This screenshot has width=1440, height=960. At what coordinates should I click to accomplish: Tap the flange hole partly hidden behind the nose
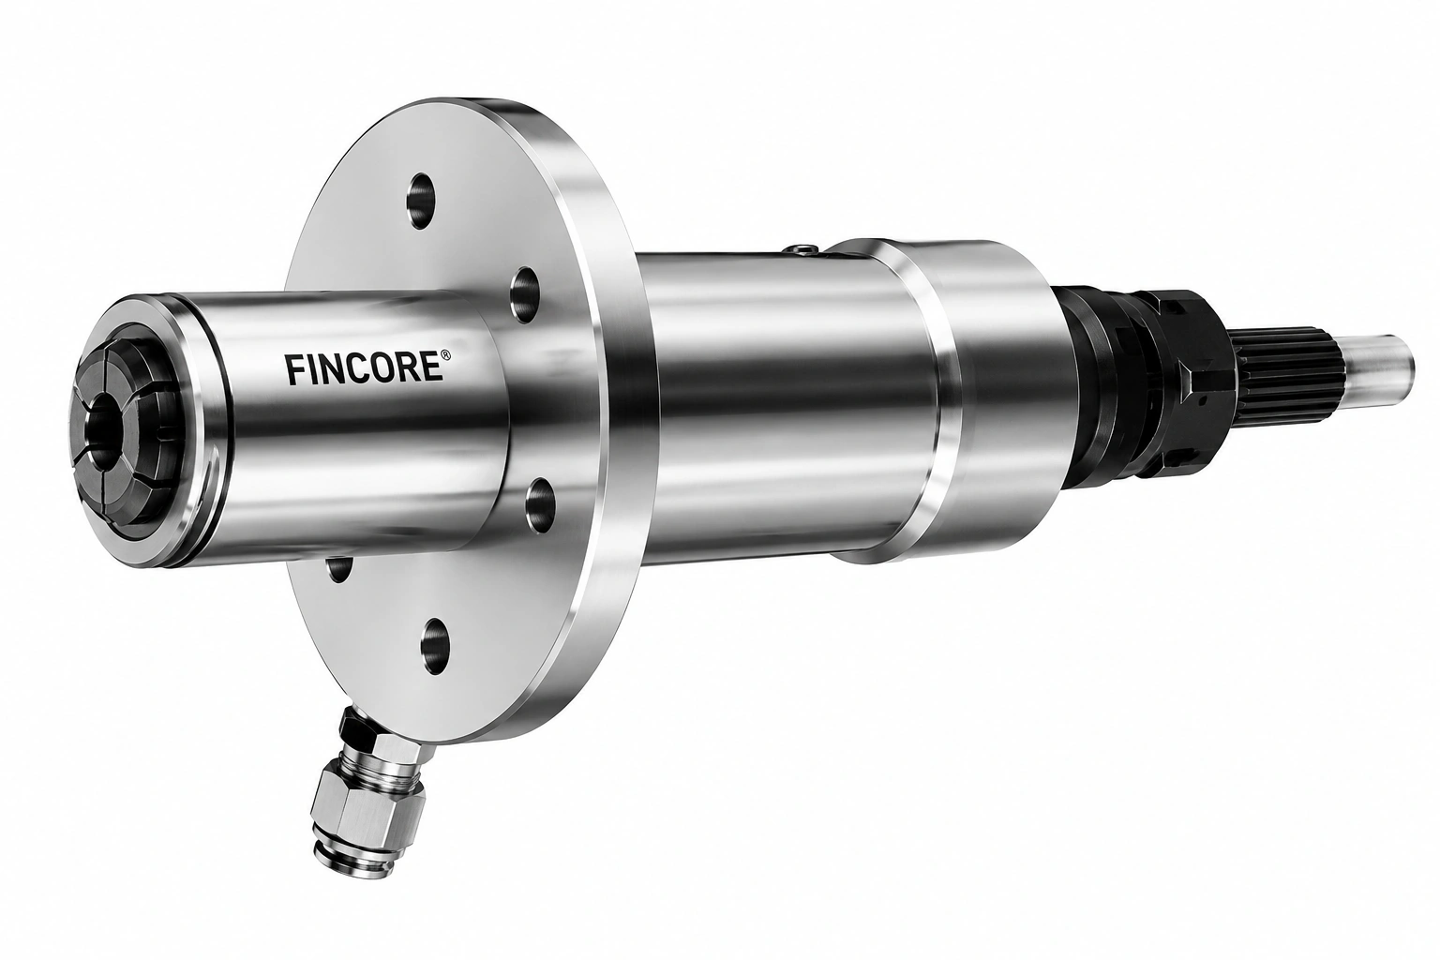(x=340, y=568)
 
